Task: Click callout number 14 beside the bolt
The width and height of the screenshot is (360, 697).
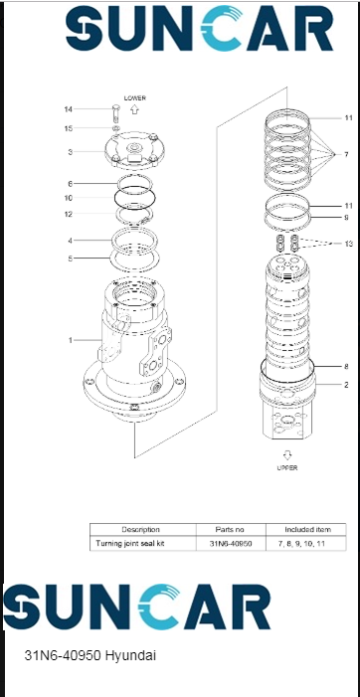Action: [68, 108]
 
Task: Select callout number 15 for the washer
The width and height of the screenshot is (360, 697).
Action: [68, 128]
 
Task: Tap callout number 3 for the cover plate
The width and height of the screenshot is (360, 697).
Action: [70, 152]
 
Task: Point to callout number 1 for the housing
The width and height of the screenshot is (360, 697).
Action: [70, 340]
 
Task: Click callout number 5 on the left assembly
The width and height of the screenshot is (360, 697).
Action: [70, 259]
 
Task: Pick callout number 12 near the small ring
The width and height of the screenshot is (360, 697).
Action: [68, 214]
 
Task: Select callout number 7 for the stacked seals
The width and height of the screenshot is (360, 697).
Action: [345, 154]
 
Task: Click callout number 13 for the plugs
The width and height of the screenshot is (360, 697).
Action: [347, 244]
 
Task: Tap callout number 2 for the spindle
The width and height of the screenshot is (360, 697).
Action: [346, 384]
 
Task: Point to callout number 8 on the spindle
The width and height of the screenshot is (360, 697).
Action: [346, 366]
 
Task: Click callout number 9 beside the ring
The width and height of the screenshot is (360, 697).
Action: [346, 217]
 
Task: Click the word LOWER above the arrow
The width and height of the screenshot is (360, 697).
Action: [134, 98]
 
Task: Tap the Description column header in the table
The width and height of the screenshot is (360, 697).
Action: [141, 529]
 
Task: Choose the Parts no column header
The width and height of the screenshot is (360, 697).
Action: [229, 529]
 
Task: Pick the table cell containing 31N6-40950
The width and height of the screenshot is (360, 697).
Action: [229, 544]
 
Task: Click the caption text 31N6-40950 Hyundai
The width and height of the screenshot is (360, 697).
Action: [90, 656]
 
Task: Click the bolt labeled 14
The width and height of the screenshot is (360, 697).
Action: [116, 111]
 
